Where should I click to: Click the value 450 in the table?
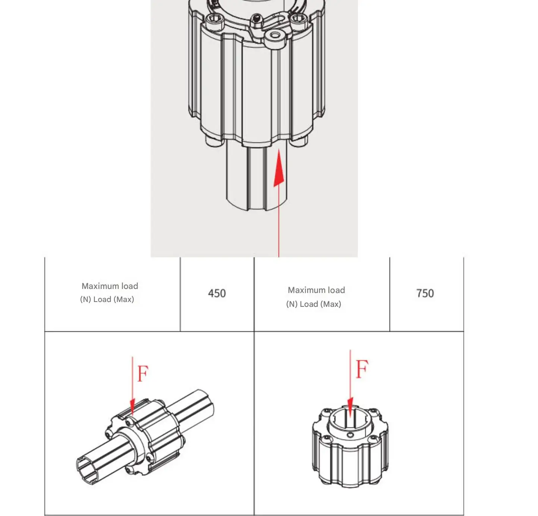[x=217, y=293]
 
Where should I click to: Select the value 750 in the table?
[x=425, y=293]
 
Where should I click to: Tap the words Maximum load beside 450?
[x=110, y=286]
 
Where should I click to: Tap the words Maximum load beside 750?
[x=316, y=290]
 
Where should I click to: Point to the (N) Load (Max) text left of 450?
[x=107, y=299]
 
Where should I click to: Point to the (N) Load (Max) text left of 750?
[x=314, y=304]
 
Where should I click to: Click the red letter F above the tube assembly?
[x=143, y=374]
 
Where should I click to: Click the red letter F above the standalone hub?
[x=362, y=369]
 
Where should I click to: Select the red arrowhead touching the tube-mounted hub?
[x=132, y=406]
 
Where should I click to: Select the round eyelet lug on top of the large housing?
[x=275, y=35]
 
